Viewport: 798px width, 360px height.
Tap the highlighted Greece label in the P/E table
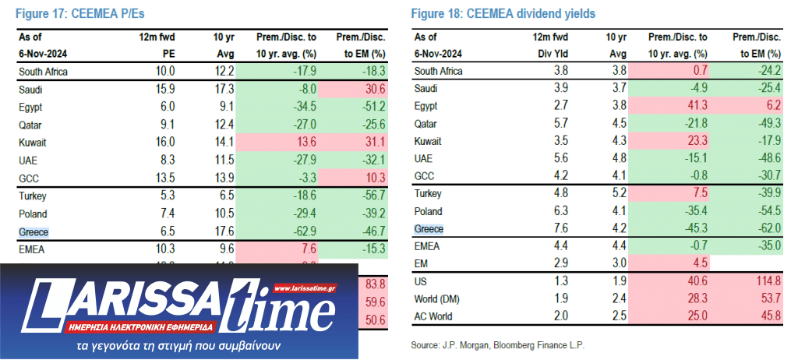click(34, 231)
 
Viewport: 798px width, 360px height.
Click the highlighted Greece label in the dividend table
click(429, 229)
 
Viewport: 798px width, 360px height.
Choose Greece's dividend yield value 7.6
click(553, 229)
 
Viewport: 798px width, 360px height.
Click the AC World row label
click(434, 317)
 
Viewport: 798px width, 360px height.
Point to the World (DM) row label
click(437, 299)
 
